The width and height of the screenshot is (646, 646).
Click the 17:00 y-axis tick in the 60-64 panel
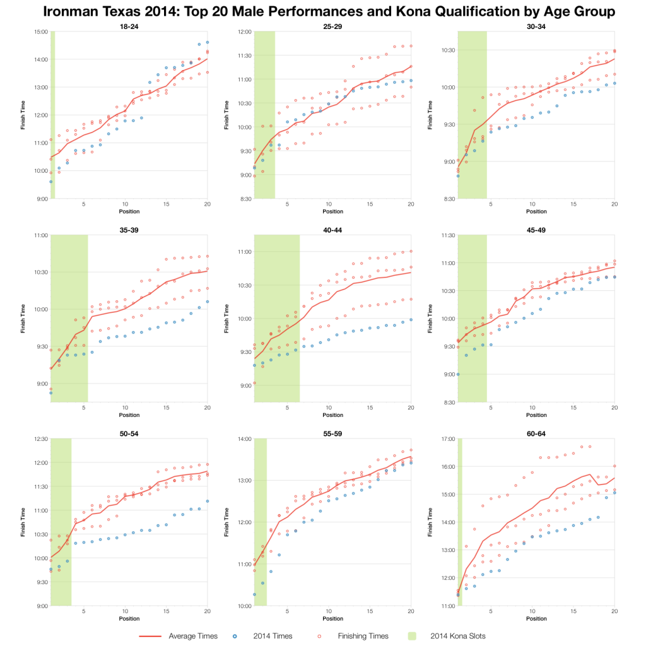click(x=448, y=439)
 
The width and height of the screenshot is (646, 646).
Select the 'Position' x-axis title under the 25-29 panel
click(x=332, y=211)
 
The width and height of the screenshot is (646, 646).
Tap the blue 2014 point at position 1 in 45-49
click(x=458, y=374)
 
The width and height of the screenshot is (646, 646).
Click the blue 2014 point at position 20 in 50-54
click(x=207, y=501)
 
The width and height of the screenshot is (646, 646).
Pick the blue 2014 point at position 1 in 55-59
click(x=255, y=594)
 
